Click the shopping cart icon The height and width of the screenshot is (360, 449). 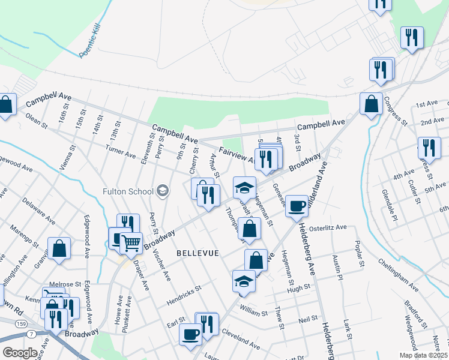(131, 244)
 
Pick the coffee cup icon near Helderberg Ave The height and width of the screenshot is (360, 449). (297, 206)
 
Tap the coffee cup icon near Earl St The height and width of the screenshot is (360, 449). (191, 334)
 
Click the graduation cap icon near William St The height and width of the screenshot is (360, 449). (244, 281)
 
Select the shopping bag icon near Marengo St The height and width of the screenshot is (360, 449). (59, 248)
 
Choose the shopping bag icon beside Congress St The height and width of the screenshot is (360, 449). (372, 104)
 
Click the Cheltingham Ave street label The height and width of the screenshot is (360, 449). (399, 272)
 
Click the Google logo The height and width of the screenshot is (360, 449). (20, 353)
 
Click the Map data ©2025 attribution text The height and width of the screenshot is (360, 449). (423, 355)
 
